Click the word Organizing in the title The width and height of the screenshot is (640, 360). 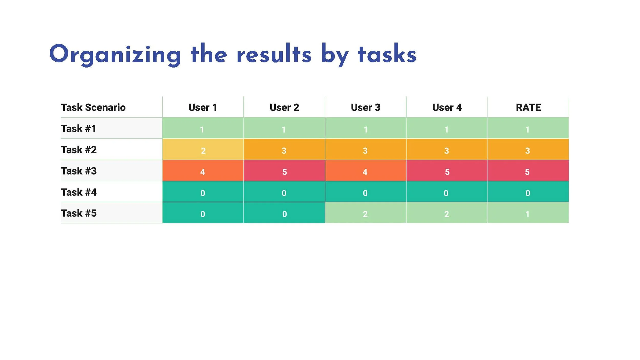click(x=115, y=54)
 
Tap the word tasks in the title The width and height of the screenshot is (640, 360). click(x=387, y=54)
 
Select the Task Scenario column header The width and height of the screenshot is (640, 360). click(x=93, y=107)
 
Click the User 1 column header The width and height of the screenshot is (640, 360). click(x=203, y=107)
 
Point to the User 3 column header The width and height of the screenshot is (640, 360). click(x=366, y=107)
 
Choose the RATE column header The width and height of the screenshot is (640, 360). click(x=528, y=107)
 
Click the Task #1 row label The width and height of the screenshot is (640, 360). click(x=79, y=128)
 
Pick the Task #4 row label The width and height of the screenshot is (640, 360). click(x=79, y=192)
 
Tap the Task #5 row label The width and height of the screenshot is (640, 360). click(x=79, y=213)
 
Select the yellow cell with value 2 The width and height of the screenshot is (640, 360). click(x=203, y=150)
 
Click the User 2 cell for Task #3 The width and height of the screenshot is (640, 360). click(x=284, y=171)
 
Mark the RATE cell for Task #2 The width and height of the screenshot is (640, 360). click(x=528, y=150)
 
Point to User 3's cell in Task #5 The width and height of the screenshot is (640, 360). click(x=365, y=213)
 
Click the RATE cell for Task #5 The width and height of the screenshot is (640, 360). click(x=528, y=213)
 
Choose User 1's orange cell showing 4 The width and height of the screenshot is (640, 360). click(x=203, y=171)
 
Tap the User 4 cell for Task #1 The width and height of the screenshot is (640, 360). click(x=447, y=128)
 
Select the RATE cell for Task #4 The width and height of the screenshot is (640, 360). click(x=528, y=192)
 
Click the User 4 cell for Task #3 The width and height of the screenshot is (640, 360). click(x=447, y=171)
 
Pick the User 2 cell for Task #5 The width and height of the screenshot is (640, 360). click(x=284, y=213)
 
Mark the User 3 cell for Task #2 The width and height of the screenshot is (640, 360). click(x=365, y=150)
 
